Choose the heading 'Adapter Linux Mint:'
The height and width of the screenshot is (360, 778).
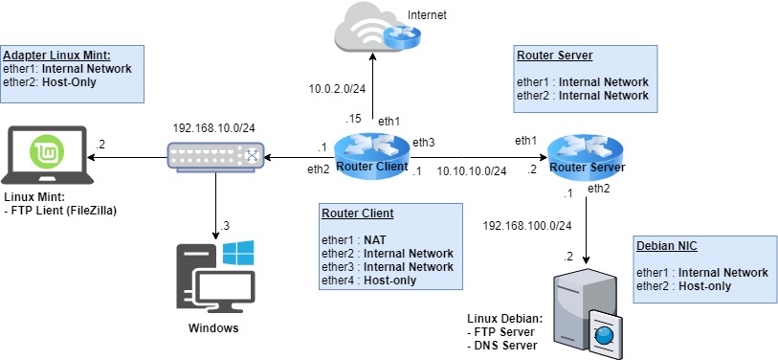pyautogui.click(x=56, y=56)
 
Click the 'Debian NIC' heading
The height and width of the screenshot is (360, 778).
pyautogui.click(x=661, y=246)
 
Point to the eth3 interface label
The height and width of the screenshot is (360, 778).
pyautogui.click(x=422, y=142)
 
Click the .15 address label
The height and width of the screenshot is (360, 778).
pyautogui.click(x=354, y=119)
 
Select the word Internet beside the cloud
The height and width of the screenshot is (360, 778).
pyautogui.click(x=427, y=16)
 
